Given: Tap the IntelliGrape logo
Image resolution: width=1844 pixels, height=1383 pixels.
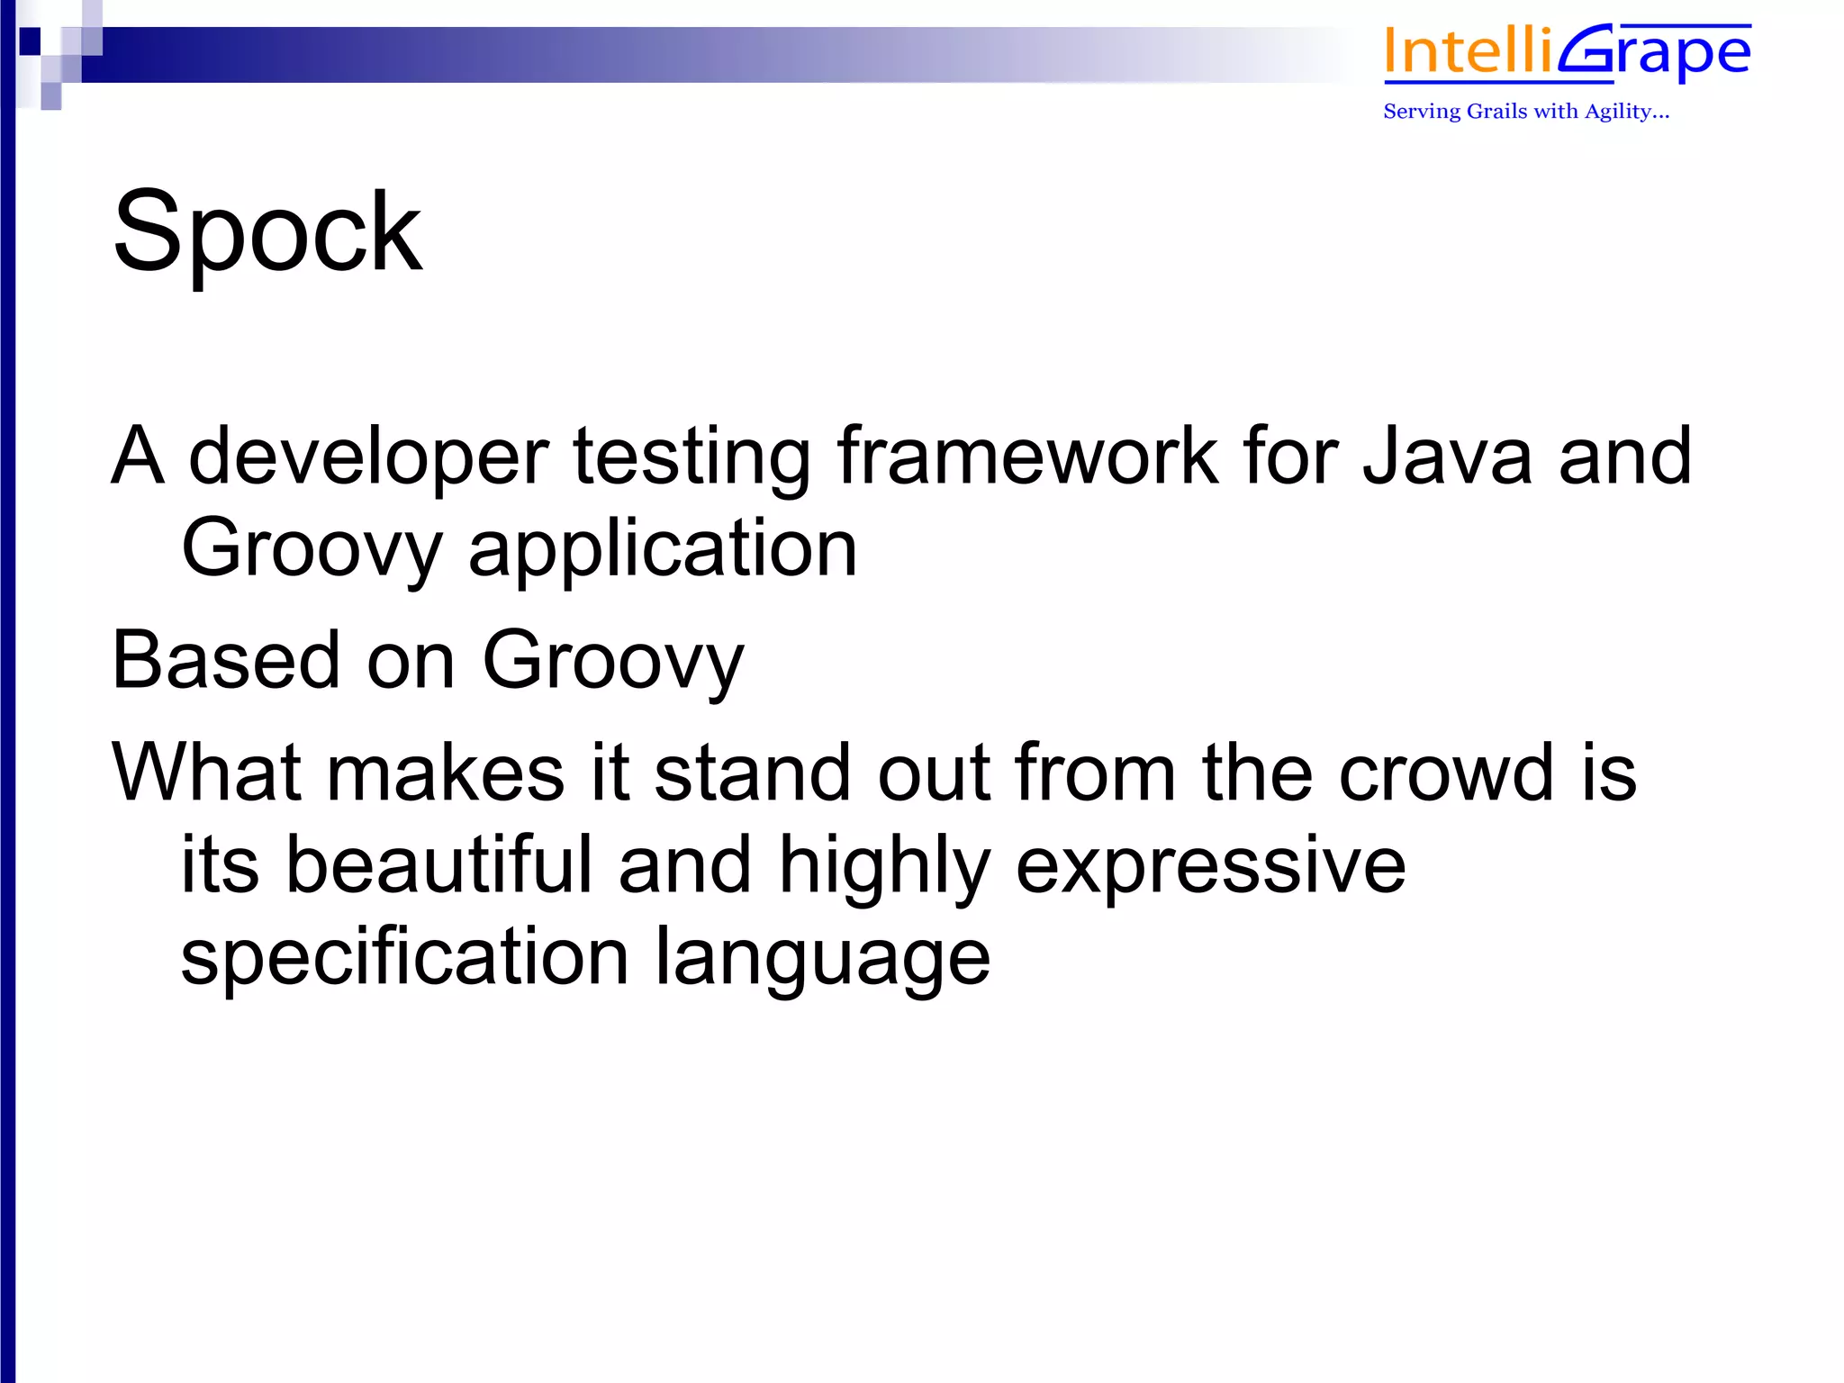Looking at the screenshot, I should pos(1567,52).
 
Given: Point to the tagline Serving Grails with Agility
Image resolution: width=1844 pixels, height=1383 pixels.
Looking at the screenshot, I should pos(1526,112).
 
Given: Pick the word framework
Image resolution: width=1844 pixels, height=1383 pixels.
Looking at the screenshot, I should pos(1027,456).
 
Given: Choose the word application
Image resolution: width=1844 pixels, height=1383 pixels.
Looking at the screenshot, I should pos(663,551).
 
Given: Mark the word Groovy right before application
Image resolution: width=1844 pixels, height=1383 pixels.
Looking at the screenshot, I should pos(312,551).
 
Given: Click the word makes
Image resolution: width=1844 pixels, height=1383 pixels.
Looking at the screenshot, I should pos(445,773).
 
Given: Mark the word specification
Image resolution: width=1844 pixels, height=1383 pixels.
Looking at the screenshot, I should pos(404,959).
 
